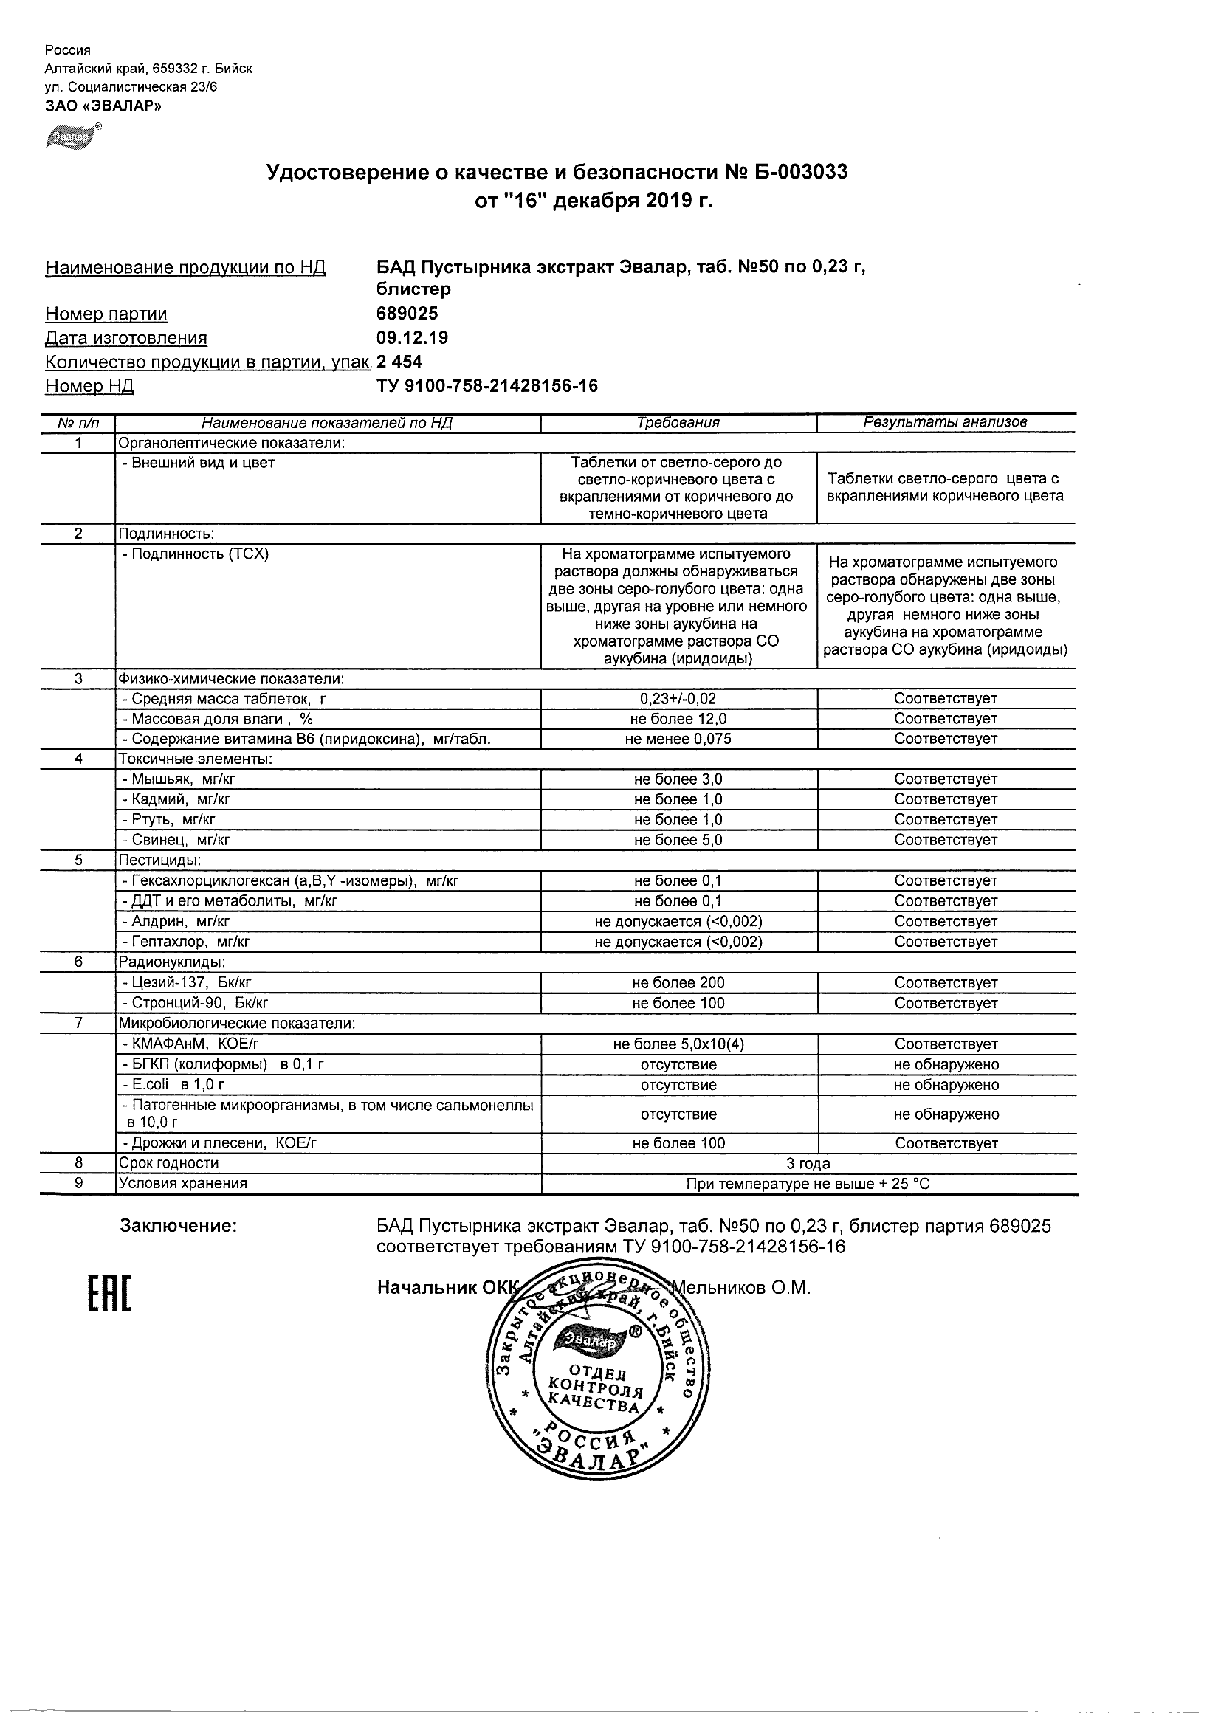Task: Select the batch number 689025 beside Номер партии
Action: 407,314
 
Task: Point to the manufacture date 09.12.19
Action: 411,338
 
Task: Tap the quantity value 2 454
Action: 399,362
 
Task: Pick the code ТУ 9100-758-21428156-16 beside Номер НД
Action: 486,386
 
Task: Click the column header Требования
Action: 678,423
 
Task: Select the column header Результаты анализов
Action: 945,423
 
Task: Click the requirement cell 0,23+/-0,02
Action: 678,699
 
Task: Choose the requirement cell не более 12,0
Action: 678,719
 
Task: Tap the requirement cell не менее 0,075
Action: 678,740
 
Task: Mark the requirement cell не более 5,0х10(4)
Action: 678,1045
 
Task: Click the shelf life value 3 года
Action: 808,1164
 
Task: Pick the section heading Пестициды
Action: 159,861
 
